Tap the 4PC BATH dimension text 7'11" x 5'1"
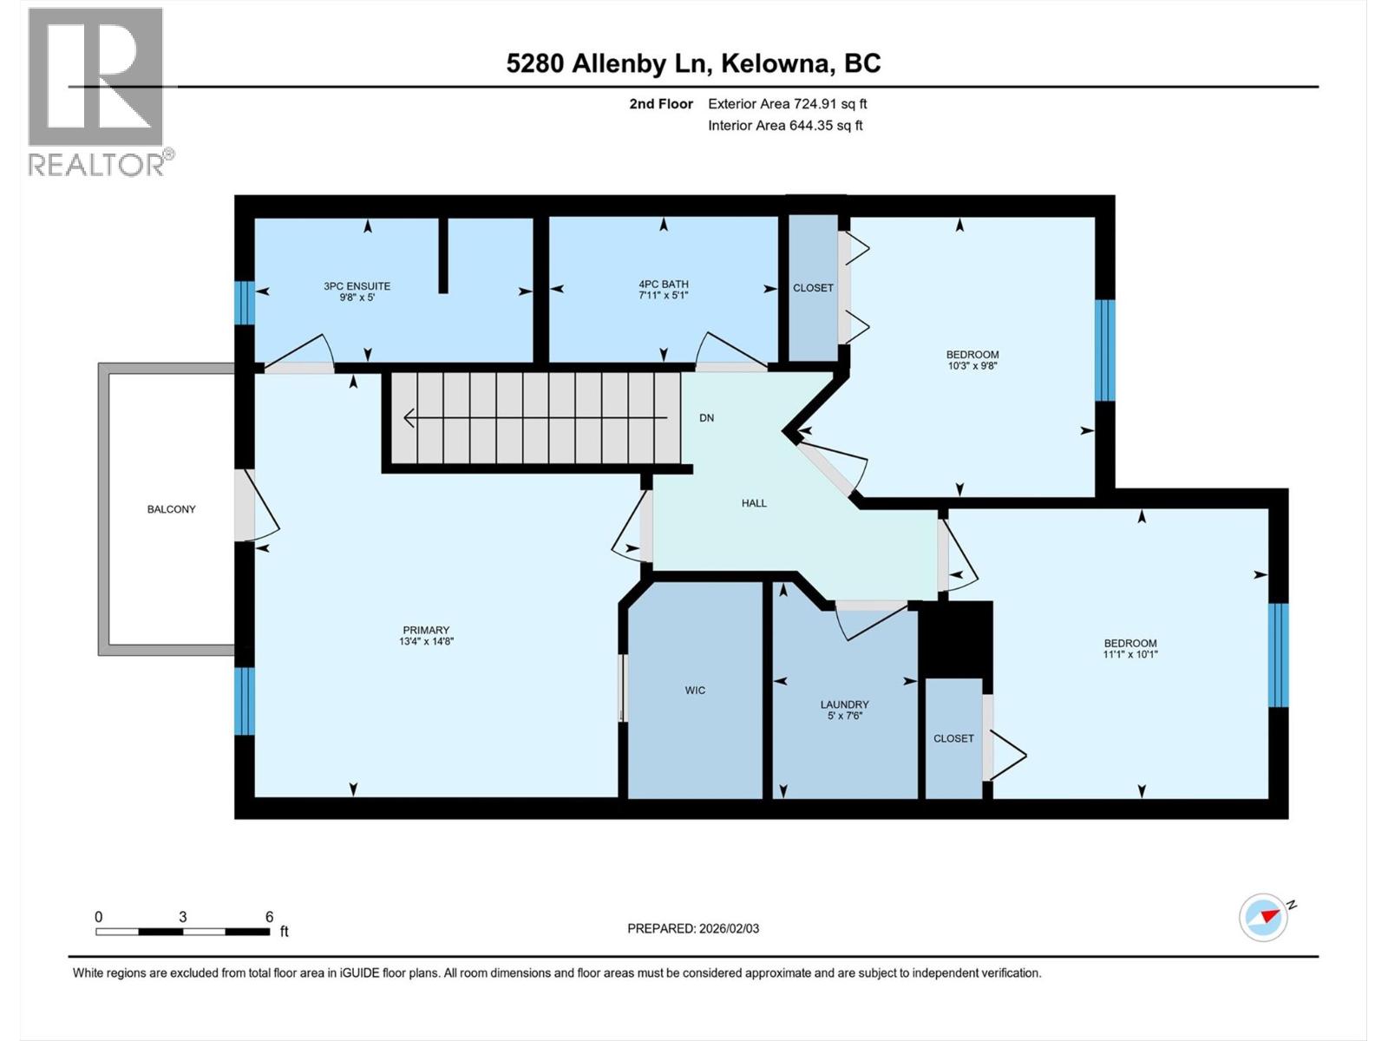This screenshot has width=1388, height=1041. click(663, 296)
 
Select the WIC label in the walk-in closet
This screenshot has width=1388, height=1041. click(695, 691)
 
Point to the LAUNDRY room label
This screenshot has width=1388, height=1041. click(844, 704)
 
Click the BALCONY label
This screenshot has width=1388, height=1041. click(171, 509)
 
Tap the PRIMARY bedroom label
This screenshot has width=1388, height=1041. click(426, 630)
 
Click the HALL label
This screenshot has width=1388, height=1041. click(754, 503)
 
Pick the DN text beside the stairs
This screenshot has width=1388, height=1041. click(707, 418)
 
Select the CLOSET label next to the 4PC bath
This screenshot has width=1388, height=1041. click(813, 288)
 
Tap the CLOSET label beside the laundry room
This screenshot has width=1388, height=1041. click(953, 738)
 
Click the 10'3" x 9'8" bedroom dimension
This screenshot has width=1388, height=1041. click(972, 366)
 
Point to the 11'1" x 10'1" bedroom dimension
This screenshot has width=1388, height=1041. click(1130, 655)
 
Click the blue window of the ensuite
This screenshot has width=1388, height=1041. click(245, 303)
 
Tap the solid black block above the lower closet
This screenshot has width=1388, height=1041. click(955, 638)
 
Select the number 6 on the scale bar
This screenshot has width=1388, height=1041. click(269, 917)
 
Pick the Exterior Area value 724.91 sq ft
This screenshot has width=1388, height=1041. click(830, 104)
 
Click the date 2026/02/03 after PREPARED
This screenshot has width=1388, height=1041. click(728, 928)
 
